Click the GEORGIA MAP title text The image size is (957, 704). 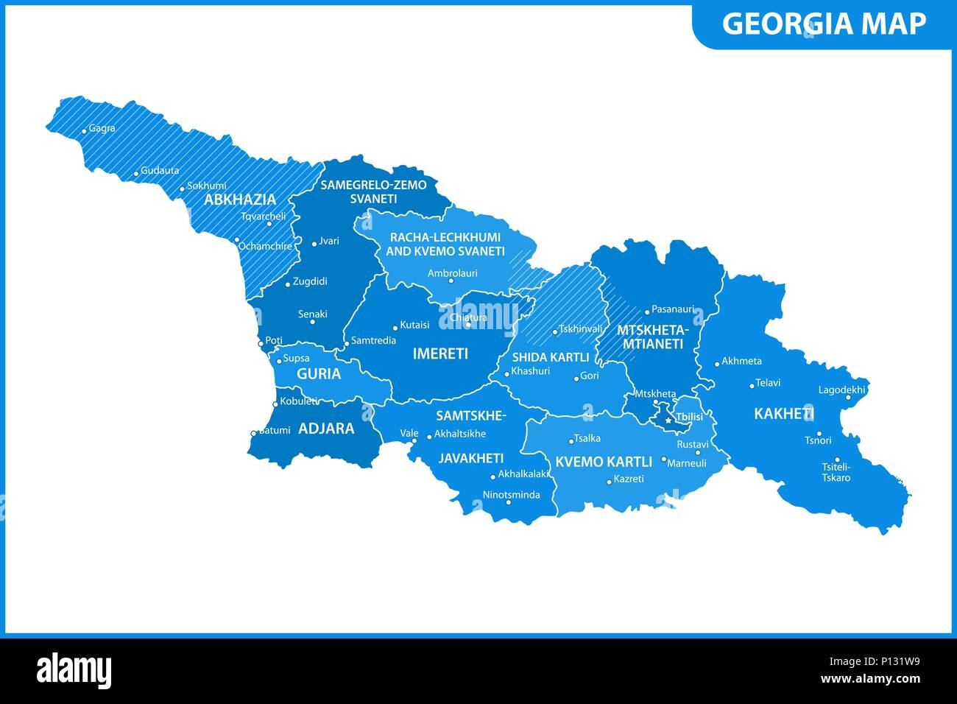[x=824, y=24]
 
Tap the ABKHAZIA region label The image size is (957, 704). [x=240, y=200]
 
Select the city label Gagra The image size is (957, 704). [x=102, y=128]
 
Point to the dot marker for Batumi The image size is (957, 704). [x=253, y=433]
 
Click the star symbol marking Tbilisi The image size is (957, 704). [x=668, y=420]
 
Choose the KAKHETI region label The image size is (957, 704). [x=783, y=414]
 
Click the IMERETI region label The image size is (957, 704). [x=440, y=353]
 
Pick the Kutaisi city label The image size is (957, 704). [x=414, y=325]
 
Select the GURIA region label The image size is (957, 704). [x=319, y=374]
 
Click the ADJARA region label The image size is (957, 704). [x=326, y=429]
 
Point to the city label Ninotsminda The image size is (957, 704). [x=511, y=495]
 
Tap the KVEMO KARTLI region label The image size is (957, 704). [x=604, y=462]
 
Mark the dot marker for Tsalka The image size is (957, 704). [x=571, y=441]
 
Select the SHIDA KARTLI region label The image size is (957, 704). [x=551, y=357]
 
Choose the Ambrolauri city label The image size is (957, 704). [x=453, y=273]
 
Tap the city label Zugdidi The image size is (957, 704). [x=310, y=281]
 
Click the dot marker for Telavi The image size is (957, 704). [x=752, y=385]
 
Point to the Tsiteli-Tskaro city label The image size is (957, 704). [x=836, y=472]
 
